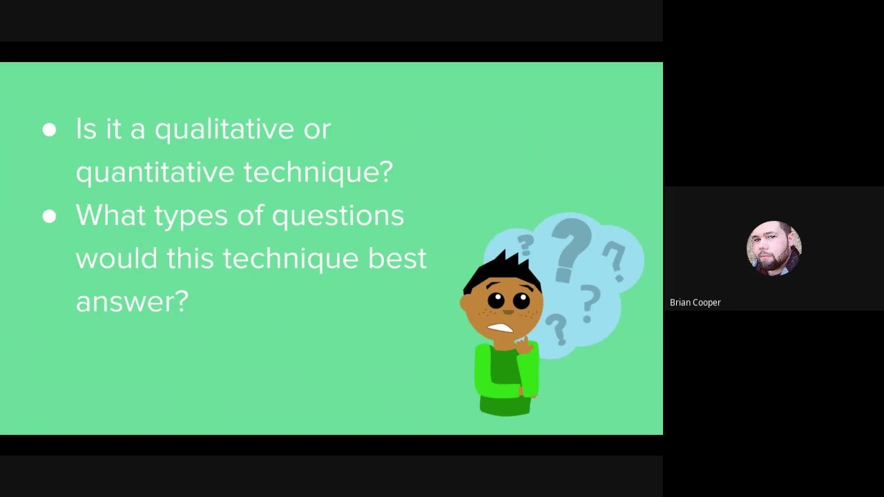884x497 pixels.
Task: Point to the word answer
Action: pyautogui.click(x=131, y=302)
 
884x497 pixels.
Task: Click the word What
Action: pyautogui.click(x=110, y=215)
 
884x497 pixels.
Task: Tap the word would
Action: pyautogui.click(x=116, y=259)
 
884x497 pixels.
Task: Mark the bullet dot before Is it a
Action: pyautogui.click(x=49, y=130)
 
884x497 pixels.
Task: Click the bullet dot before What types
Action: pyautogui.click(x=49, y=216)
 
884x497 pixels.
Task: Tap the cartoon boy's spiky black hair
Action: pyautogui.click(x=504, y=270)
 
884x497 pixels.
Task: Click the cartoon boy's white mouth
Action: pyautogui.click(x=501, y=328)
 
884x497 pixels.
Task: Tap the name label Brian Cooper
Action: pyautogui.click(x=695, y=302)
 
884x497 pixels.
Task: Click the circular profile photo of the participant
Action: pyautogui.click(x=773, y=248)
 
